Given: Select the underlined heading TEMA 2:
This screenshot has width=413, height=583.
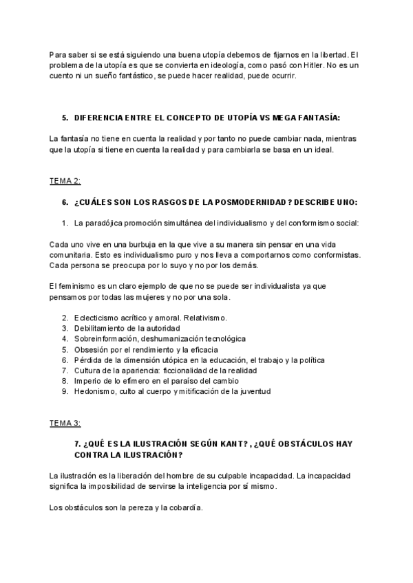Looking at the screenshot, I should pyautogui.click(x=65, y=181).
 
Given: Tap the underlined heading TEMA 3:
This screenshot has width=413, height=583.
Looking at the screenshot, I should pyautogui.click(x=65, y=423).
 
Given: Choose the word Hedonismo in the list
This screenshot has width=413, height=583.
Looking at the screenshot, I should pyautogui.click(x=96, y=392).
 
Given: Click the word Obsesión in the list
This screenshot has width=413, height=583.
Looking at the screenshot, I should pyautogui.click(x=91, y=349).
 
